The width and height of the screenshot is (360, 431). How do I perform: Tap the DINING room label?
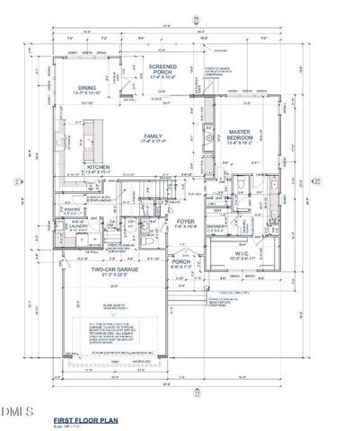87,88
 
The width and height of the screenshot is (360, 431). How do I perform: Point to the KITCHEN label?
98,168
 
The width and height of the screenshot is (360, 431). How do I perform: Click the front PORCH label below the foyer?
181,262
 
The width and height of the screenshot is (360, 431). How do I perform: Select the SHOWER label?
215,227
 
